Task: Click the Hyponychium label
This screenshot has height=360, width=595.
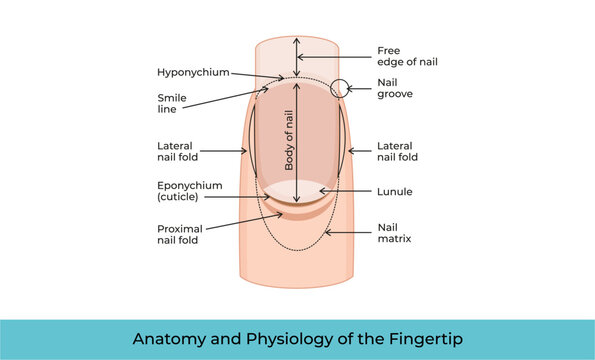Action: [193, 72]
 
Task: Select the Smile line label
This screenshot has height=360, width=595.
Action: [171, 104]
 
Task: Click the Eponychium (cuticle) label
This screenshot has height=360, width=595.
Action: [185, 192]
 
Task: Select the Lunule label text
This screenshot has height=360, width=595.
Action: [395, 191]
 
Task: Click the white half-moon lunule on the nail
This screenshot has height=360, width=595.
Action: [296, 190]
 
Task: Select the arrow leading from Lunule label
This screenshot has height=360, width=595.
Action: [345, 190]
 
